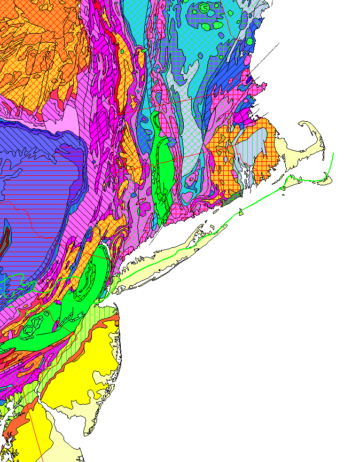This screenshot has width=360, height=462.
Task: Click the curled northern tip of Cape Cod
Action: pyautogui.click(x=303, y=124)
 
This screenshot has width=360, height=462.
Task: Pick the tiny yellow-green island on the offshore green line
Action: pyautogui.click(x=242, y=213)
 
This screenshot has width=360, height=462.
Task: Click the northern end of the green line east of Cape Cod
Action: pyautogui.click(x=333, y=154)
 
